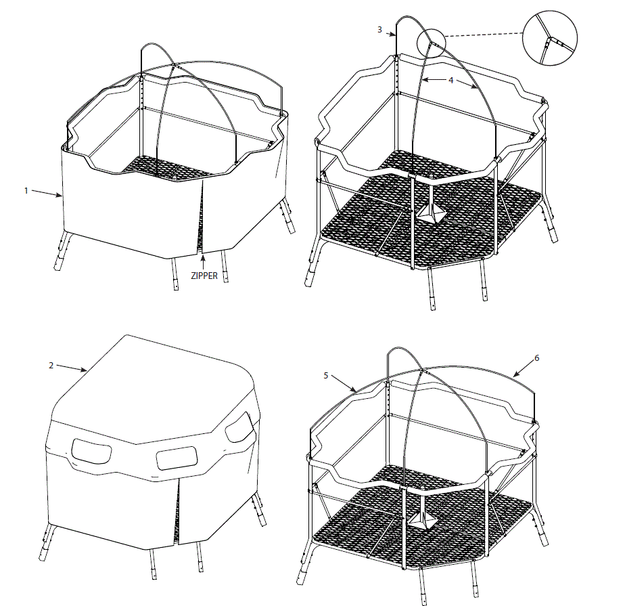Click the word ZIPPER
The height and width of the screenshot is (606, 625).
(x=204, y=276)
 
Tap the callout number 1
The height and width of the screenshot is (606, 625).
(x=26, y=191)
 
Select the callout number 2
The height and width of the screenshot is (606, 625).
(x=51, y=366)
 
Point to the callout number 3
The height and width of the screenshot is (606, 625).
(x=380, y=30)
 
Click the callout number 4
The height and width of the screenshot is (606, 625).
(x=450, y=80)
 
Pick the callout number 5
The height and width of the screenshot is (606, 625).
(x=326, y=375)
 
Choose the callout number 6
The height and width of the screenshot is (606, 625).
(x=536, y=358)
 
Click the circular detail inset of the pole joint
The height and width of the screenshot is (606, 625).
(x=550, y=39)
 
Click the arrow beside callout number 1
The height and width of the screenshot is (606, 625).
(x=47, y=194)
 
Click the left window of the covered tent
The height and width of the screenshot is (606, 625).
(x=91, y=452)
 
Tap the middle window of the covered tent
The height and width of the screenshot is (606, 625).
(x=177, y=458)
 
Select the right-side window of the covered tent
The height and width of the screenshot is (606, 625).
(x=240, y=427)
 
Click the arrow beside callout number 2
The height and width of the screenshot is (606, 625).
(x=72, y=368)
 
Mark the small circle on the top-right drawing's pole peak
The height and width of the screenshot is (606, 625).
(x=431, y=41)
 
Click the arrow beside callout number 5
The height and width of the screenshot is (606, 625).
(x=344, y=383)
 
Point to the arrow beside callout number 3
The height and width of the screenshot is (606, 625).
(x=390, y=33)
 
